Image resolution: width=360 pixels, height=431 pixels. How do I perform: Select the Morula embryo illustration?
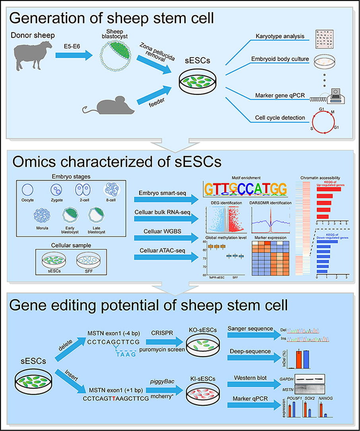42,214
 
